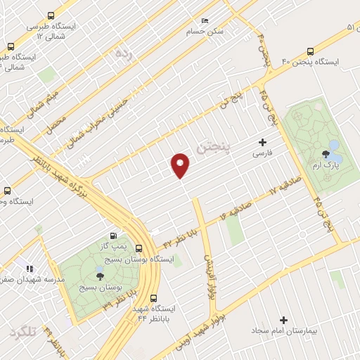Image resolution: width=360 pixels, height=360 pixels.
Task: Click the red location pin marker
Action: (181, 165)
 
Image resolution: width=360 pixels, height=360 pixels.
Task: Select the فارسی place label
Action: (262, 152)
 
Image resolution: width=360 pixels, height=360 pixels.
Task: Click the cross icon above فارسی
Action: (263, 142)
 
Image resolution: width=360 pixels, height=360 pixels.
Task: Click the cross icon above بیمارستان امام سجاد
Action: (284, 320)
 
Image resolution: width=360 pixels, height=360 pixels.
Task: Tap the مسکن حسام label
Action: (205, 32)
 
